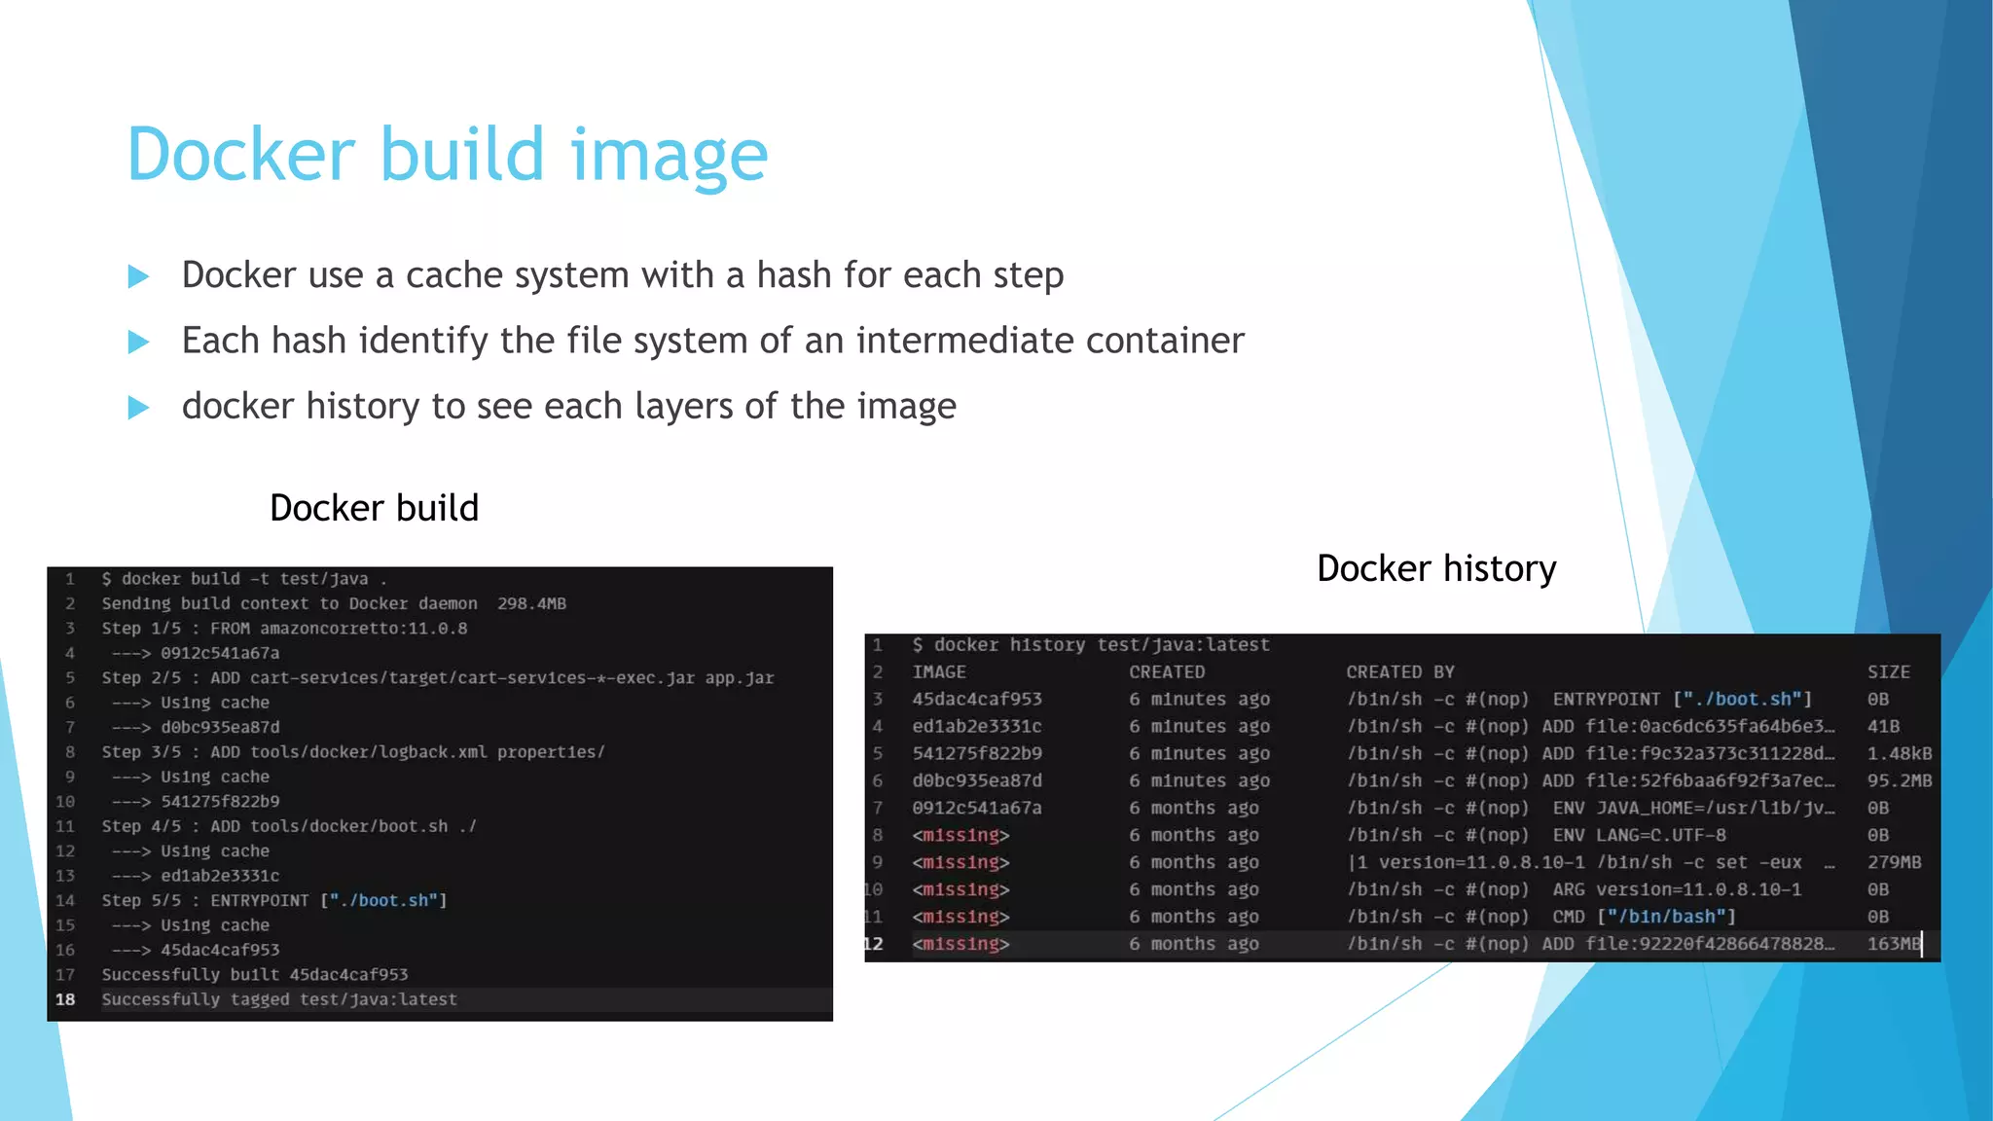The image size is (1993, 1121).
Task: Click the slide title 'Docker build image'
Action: click(x=448, y=155)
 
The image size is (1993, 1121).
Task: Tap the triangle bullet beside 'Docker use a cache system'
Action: click(x=138, y=277)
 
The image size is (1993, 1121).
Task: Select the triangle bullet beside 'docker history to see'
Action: click(x=138, y=408)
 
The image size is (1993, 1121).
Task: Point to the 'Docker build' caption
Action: click(x=374, y=508)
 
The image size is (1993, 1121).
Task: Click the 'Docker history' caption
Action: click(x=1436, y=568)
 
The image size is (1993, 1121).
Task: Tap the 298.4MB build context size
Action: click(x=531, y=603)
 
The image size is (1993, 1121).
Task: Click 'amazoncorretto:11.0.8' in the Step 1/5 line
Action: click(x=363, y=629)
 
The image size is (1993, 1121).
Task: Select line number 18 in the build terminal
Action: click(x=65, y=999)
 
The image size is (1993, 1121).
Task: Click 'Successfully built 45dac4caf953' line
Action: click(x=255, y=974)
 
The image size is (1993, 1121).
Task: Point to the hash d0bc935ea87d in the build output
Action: click(x=220, y=727)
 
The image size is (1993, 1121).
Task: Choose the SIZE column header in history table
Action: click(x=1888, y=671)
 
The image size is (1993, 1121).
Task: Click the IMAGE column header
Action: click(x=939, y=671)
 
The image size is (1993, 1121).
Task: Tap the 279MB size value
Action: click(x=1894, y=862)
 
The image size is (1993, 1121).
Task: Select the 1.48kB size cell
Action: click(x=1899, y=753)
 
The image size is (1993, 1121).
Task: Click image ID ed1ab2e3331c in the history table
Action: click(x=977, y=726)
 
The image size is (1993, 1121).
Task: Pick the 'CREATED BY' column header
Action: click(x=1399, y=671)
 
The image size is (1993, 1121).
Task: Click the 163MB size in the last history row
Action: click(x=1893, y=944)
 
